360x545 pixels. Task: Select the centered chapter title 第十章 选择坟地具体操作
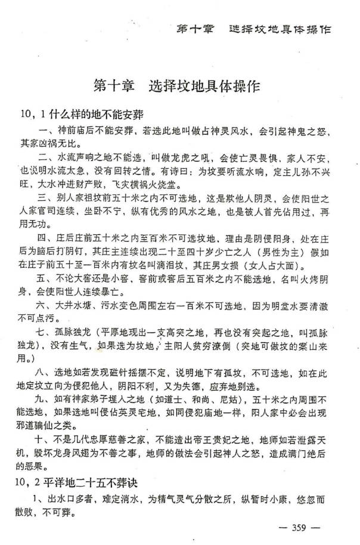tap(177, 86)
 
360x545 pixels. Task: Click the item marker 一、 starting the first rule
tap(46, 131)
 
